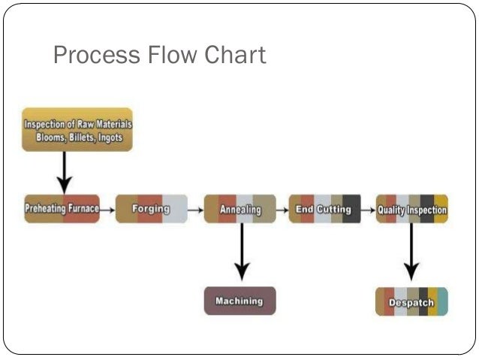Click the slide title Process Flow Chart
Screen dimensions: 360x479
(x=159, y=56)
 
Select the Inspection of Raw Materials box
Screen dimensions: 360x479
(x=77, y=130)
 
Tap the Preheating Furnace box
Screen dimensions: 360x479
(x=62, y=209)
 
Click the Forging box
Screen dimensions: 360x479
(x=151, y=209)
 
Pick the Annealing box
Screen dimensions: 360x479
(x=239, y=209)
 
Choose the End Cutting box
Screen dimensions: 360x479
(x=324, y=209)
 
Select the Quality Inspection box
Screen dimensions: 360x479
(x=411, y=210)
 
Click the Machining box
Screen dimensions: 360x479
(x=239, y=301)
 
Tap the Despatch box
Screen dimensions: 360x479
(x=411, y=302)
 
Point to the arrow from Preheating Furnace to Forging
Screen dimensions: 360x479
(x=107, y=210)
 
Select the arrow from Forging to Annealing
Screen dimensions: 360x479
(x=195, y=210)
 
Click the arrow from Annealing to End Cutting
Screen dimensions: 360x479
(x=282, y=210)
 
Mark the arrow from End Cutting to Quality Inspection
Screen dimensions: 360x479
(x=368, y=210)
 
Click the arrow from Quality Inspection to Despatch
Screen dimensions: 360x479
(x=411, y=252)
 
